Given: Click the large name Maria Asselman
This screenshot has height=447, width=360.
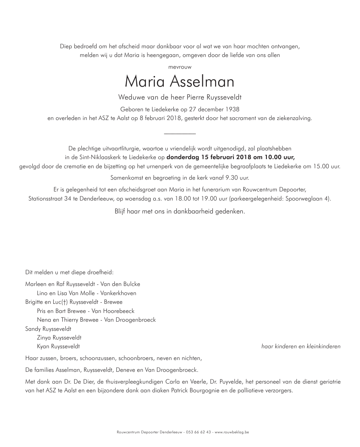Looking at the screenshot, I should point(180,81).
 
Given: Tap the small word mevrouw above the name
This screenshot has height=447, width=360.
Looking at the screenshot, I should point(180,67).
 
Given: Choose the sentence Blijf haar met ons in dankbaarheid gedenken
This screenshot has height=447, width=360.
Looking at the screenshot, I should point(180,212).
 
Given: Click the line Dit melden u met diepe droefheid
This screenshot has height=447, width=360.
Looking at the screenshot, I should point(69,272).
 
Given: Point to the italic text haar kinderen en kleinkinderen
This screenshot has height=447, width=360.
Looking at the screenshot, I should point(301,346).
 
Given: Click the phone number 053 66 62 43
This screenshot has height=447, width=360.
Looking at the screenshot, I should point(199,432).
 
